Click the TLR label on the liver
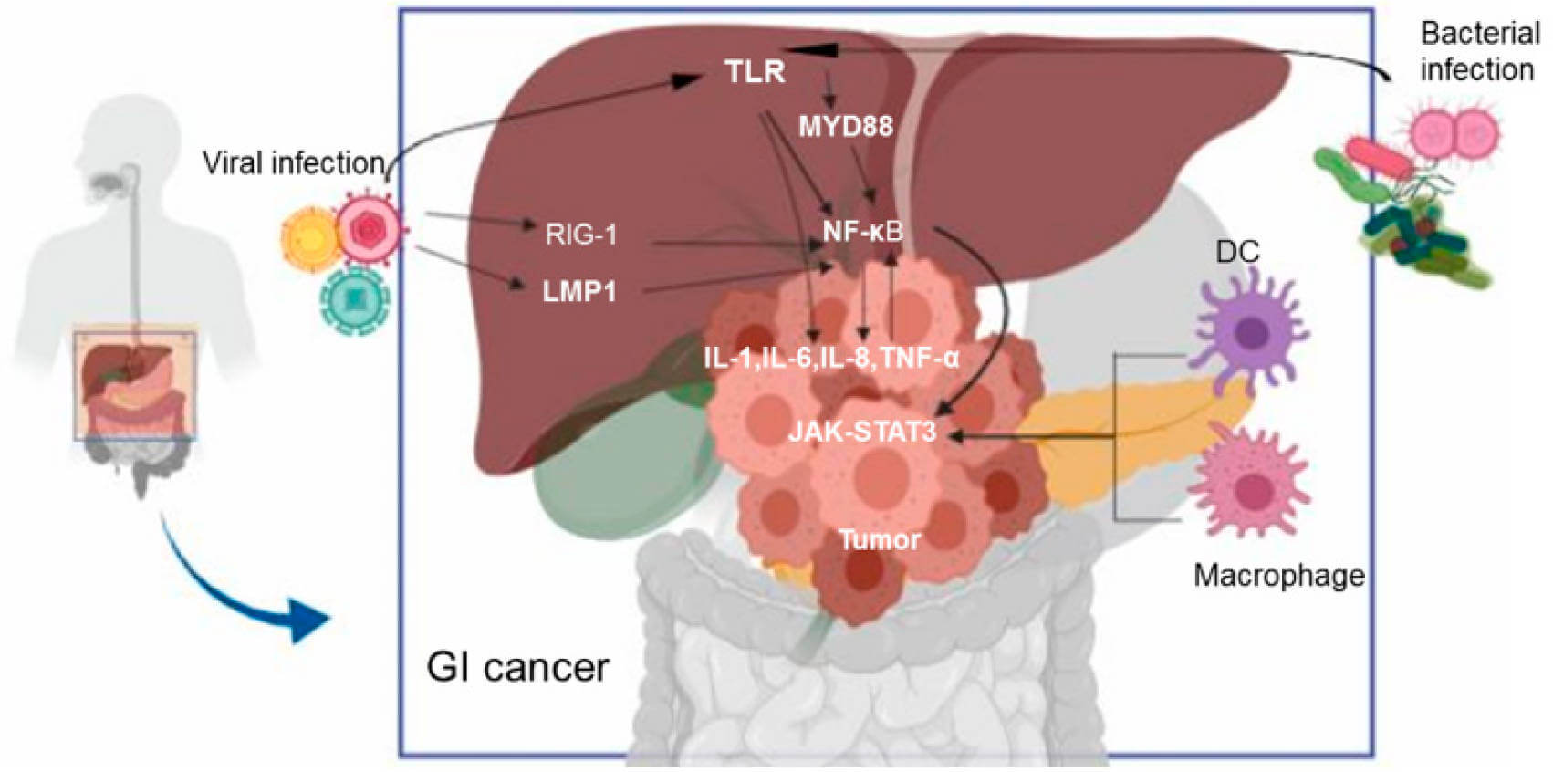coord(755,71)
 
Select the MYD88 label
coord(845,126)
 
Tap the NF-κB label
coord(862,232)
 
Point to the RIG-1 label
coord(581,235)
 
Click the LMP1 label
coord(579,292)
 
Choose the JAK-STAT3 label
coord(862,431)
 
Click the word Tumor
coord(880,539)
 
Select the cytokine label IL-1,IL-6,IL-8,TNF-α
coord(831,358)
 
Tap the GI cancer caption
coord(517,668)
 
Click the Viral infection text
coord(294,163)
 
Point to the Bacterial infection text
coord(1478,51)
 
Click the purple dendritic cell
coord(1249,330)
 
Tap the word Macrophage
coord(1279,576)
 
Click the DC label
coord(1238,252)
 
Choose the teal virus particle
coord(354,299)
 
